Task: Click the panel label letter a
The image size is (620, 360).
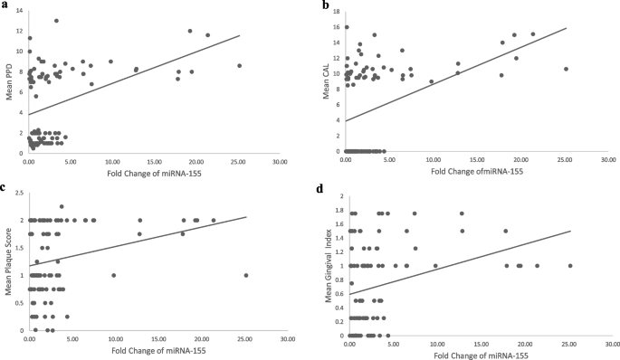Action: click(x=5, y=5)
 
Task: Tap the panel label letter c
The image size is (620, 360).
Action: click(x=5, y=187)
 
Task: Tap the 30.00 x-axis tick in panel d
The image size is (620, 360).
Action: click(x=612, y=345)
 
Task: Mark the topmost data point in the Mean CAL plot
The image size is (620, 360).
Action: click(x=347, y=27)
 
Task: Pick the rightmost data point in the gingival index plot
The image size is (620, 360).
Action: click(x=570, y=266)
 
